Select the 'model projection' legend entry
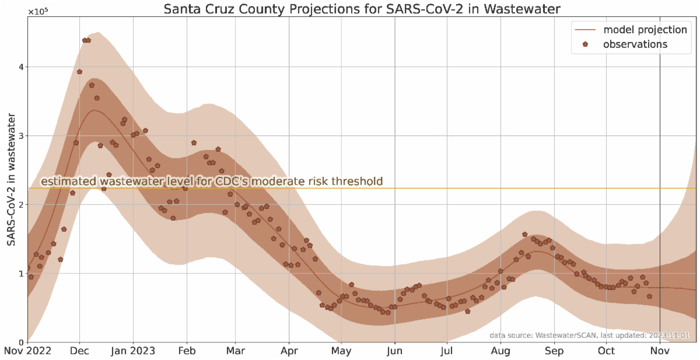click(x=645, y=29)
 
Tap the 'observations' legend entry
click(x=635, y=44)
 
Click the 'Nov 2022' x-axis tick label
click(x=27, y=351)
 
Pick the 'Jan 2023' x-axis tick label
click(x=134, y=351)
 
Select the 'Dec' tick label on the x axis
click(x=79, y=351)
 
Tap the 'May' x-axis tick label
click(x=341, y=351)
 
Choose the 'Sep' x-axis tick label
click(x=554, y=351)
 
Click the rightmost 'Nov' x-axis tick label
click(x=660, y=351)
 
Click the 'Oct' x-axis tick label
click(x=606, y=351)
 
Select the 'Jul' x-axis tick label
click(x=446, y=351)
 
